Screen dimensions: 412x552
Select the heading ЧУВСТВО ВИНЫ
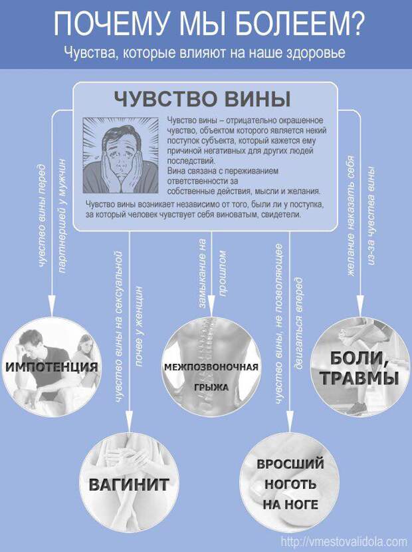[202, 99]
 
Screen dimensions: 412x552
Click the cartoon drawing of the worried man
[120, 155]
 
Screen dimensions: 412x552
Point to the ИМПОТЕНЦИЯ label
[51, 367]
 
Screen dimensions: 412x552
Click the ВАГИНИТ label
[128, 485]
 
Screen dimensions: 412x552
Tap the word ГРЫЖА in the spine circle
[211, 388]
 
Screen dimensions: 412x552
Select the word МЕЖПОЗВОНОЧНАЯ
[211, 367]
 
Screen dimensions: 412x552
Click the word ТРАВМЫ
[360, 378]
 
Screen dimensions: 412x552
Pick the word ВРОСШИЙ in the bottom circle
[290, 464]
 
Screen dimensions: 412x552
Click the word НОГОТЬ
[290, 484]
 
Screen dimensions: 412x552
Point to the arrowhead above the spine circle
[211, 305]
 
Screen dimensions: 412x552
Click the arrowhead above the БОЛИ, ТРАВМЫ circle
[360, 305]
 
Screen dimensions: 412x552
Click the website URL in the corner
[344, 541]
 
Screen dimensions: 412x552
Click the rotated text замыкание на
[202, 273]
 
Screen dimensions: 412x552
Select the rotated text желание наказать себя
[350, 215]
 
